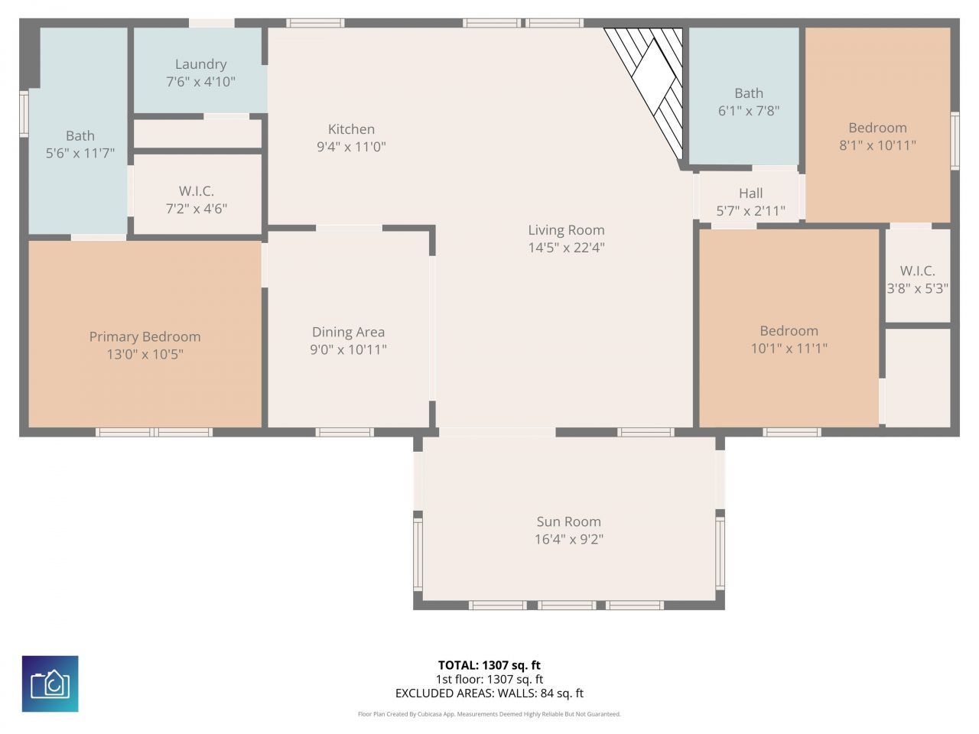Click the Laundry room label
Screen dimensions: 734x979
click(x=200, y=64)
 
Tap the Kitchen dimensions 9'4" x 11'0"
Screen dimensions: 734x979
click(x=351, y=147)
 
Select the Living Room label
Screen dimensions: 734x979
click(x=566, y=229)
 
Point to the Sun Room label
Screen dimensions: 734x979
click(x=568, y=521)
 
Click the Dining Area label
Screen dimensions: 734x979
click(x=348, y=332)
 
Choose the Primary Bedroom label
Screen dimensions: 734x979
click(x=145, y=336)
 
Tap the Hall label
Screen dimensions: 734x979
click(x=750, y=193)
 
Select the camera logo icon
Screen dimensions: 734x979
click(x=50, y=684)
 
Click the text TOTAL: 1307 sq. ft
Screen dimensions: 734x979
click(x=489, y=665)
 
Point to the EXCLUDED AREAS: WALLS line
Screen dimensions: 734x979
click(x=489, y=693)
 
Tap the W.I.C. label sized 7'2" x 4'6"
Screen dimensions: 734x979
click(x=197, y=191)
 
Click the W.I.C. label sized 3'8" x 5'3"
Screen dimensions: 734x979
click(x=917, y=271)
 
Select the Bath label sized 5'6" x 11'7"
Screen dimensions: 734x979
click(x=80, y=136)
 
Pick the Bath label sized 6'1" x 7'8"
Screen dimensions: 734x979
click(x=748, y=93)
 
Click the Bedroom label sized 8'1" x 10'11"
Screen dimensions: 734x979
click(x=877, y=128)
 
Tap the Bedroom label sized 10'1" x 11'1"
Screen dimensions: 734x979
click(x=789, y=330)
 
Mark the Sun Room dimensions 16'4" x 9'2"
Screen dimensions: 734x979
click(x=568, y=540)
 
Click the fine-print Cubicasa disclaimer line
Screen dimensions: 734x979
click(x=489, y=714)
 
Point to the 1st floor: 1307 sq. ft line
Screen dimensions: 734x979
click(x=489, y=679)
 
